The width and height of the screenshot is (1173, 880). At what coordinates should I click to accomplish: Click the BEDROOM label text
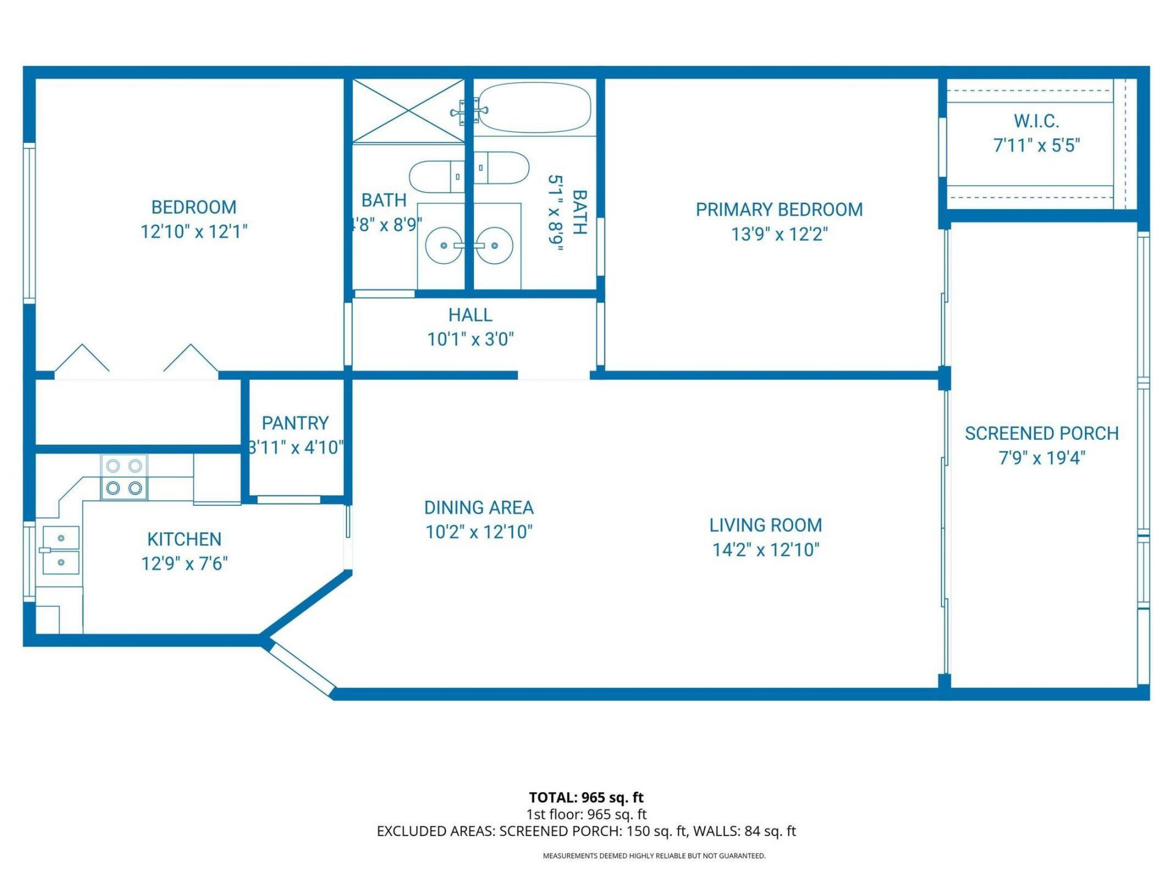click(194, 207)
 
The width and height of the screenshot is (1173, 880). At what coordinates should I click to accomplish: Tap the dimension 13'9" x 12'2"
click(779, 234)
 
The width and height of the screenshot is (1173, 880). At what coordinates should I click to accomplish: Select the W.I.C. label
click(1036, 121)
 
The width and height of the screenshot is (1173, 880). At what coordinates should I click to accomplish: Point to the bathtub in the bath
click(534, 108)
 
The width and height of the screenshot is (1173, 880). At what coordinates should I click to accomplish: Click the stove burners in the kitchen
click(124, 477)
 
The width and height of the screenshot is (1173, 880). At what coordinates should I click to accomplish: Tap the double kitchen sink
click(60, 550)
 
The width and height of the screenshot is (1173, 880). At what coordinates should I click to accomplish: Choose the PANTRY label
click(295, 423)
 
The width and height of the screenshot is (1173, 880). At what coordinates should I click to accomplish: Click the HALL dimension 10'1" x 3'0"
click(470, 339)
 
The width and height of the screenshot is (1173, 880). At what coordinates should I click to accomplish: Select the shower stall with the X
click(408, 111)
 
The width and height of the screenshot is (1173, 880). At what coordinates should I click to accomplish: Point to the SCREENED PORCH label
click(1042, 433)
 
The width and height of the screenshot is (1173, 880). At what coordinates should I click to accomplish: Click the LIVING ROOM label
click(766, 525)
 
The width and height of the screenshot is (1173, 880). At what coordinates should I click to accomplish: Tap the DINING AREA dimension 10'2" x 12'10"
click(479, 532)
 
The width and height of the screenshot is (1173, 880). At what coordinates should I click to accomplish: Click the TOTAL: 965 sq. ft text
click(586, 797)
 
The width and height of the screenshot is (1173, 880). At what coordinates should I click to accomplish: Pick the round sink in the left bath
click(444, 246)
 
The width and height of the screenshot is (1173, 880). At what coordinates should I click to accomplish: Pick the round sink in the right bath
click(494, 246)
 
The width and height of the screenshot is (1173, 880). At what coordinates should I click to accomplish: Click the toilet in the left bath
click(435, 177)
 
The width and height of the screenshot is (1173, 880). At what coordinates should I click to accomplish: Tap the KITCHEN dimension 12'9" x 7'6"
click(185, 563)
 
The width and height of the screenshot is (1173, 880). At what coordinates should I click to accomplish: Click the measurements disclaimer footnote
click(654, 856)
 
